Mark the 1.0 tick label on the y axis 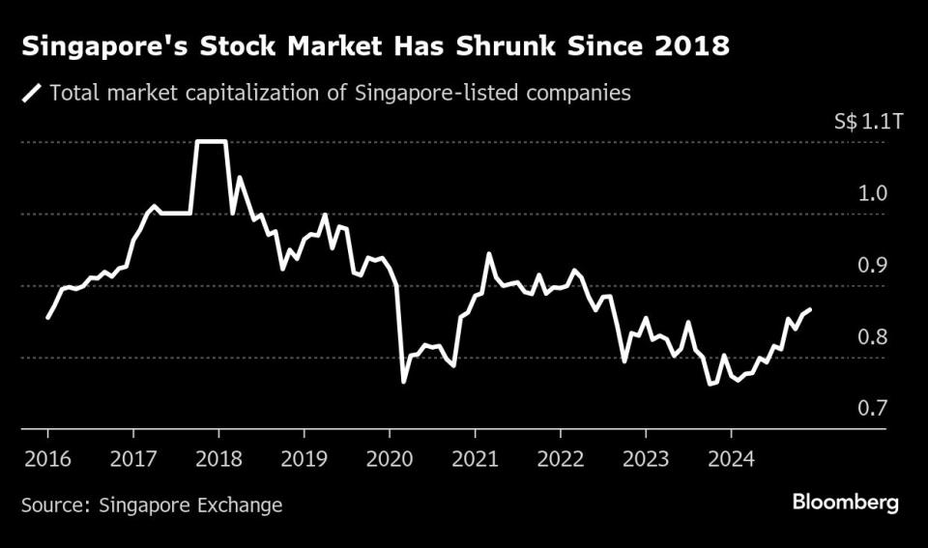click(x=874, y=193)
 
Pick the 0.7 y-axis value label click(x=874, y=408)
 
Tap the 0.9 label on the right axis click(x=874, y=265)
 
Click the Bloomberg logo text click(x=845, y=503)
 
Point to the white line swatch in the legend click(x=33, y=94)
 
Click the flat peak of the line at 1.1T click(x=211, y=142)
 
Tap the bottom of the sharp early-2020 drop click(x=403, y=382)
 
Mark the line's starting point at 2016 click(x=47, y=317)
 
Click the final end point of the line click(x=810, y=309)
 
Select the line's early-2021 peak click(x=489, y=253)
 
